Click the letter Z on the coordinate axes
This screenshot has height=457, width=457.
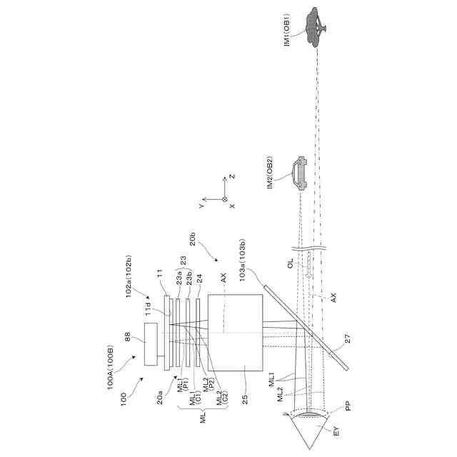pyautogui.click(x=231, y=176)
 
